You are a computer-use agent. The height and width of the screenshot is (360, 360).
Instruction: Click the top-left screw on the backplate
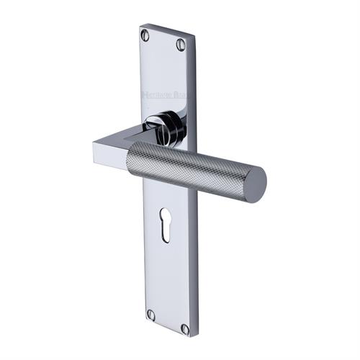(147, 33)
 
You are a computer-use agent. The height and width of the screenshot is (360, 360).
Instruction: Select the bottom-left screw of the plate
(151, 315)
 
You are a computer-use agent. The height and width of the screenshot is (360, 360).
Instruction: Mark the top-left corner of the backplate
(140, 26)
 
